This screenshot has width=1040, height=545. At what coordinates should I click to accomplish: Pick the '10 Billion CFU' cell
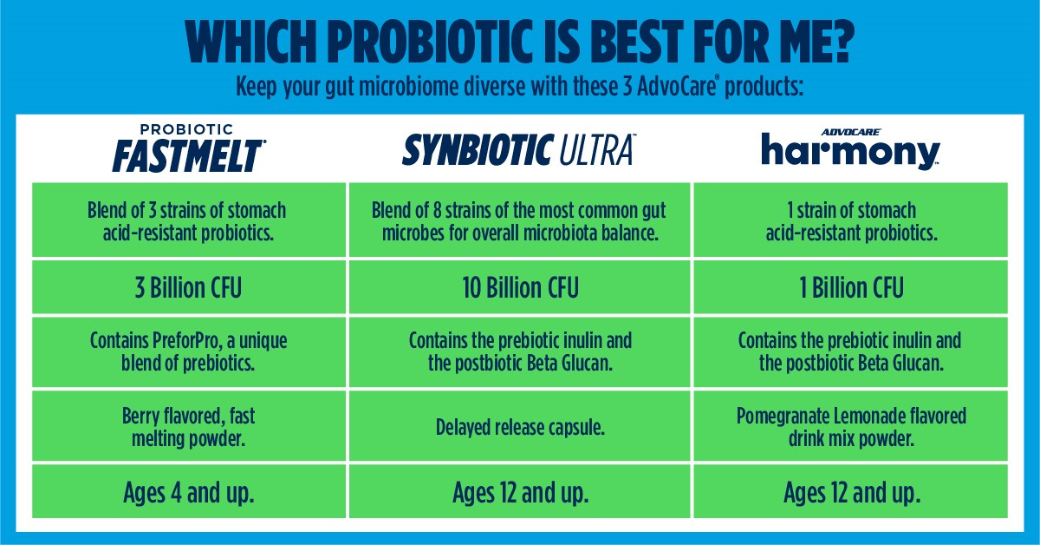519,287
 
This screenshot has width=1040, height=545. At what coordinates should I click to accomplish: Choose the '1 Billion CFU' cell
850,287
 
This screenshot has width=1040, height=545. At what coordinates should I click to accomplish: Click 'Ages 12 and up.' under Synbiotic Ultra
519,493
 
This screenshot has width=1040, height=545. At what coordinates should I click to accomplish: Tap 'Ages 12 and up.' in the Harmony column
850,493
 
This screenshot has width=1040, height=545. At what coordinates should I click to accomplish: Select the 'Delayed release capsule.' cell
519,427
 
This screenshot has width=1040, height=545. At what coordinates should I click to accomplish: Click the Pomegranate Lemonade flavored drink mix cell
850,427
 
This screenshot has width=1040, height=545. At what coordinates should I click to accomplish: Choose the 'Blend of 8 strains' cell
519,221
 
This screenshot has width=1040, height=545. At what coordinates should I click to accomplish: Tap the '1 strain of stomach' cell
850,221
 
